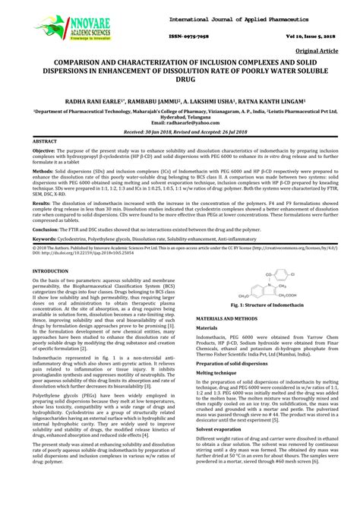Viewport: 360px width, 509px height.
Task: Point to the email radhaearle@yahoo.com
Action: [x=180, y=122]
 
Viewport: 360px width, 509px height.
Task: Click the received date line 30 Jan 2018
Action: [x=180, y=131]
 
